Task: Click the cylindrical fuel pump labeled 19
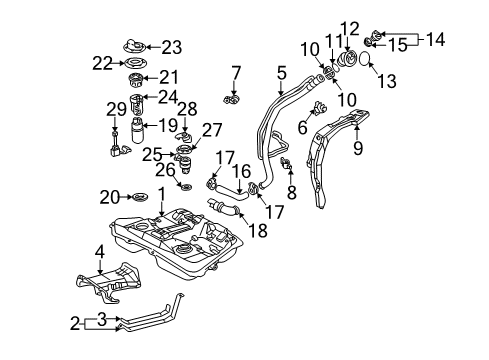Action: [x=139, y=130]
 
